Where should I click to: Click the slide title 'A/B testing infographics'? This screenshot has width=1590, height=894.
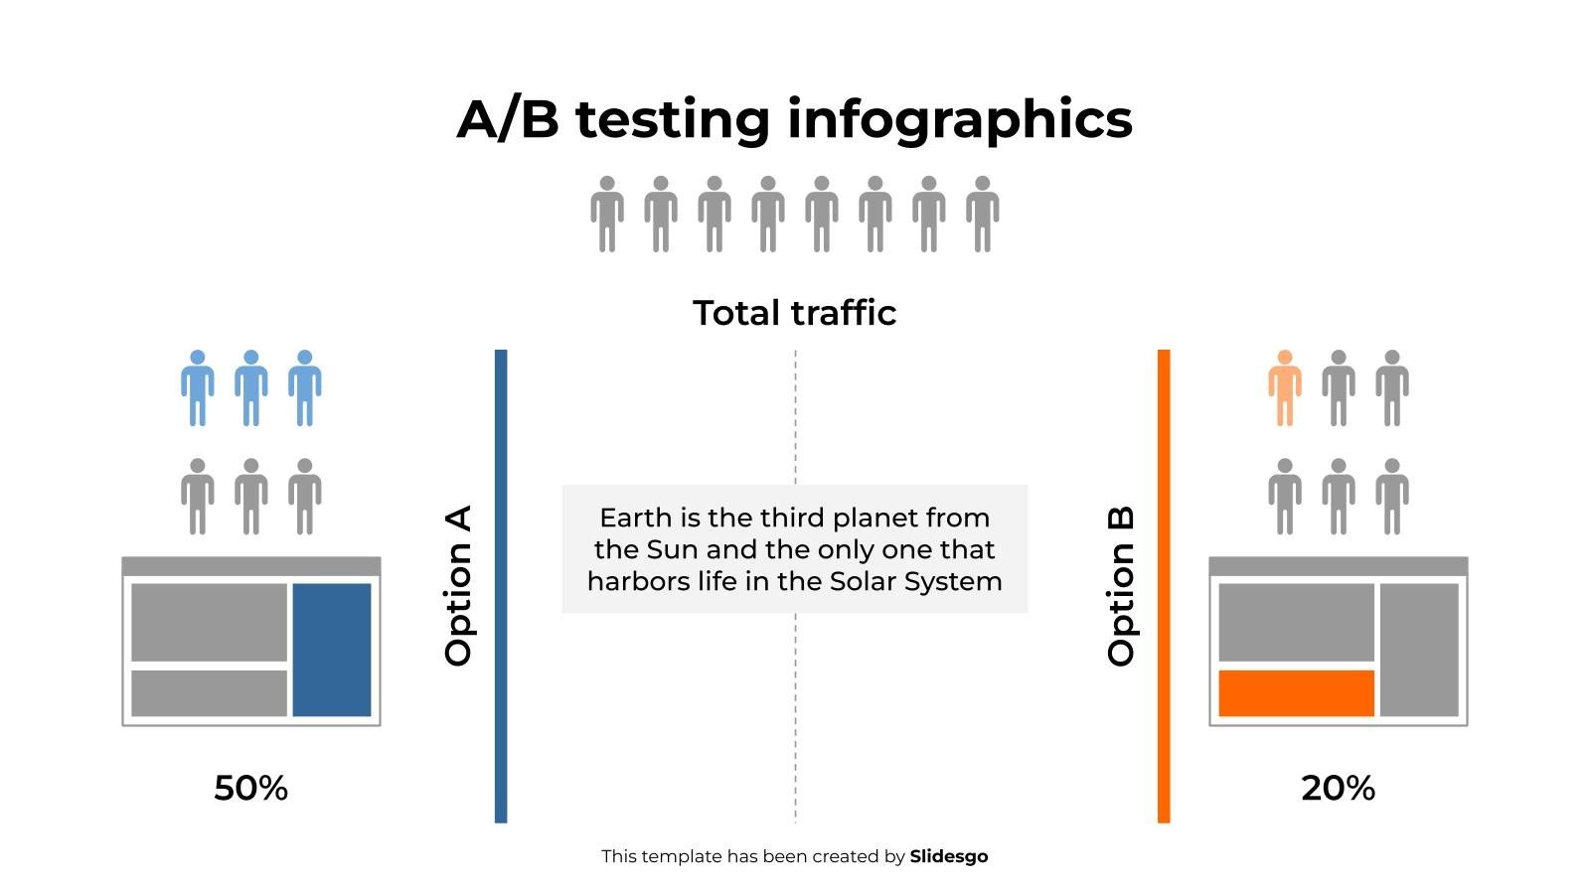pyautogui.click(x=794, y=119)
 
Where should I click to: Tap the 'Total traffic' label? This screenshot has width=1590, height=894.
pyautogui.click(x=794, y=313)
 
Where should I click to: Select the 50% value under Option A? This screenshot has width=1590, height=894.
pyautogui.click(x=250, y=788)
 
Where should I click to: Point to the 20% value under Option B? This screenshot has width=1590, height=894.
pyautogui.click(x=1338, y=788)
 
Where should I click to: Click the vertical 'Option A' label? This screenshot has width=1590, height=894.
pyautogui.click(x=458, y=586)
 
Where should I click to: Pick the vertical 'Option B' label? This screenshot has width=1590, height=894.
pyautogui.click(x=1121, y=586)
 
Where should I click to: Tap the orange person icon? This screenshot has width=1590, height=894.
pyautogui.click(x=1284, y=388)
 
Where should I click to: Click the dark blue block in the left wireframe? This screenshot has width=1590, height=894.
pyautogui.click(x=331, y=649)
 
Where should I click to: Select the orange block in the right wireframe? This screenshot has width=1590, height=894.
pyautogui.click(x=1296, y=692)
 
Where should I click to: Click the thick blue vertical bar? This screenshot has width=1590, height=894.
pyautogui.click(x=501, y=586)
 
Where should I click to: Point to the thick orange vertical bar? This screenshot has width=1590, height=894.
pyautogui.click(x=1164, y=586)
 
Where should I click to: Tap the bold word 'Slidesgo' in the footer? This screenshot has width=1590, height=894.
pyautogui.click(x=948, y=856)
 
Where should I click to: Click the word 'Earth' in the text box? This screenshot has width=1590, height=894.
pyautogui.click(x=635, y=518)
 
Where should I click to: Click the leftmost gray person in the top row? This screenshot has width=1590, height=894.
pyautogui.click(x=607, y=214)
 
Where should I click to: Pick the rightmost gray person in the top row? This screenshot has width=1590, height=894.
pyautogui.click(x=982, y=214)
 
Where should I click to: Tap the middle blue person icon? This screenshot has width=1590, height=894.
pyautogui.click(x=250, y=388)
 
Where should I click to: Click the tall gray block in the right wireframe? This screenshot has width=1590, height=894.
pyautogui.click(x=1419, y=649)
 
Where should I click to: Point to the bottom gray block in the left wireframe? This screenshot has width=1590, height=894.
pyautogui.click(x=209, y=692)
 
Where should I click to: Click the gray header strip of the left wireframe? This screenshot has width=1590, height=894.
pyautogui.click(x=250, y=566)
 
